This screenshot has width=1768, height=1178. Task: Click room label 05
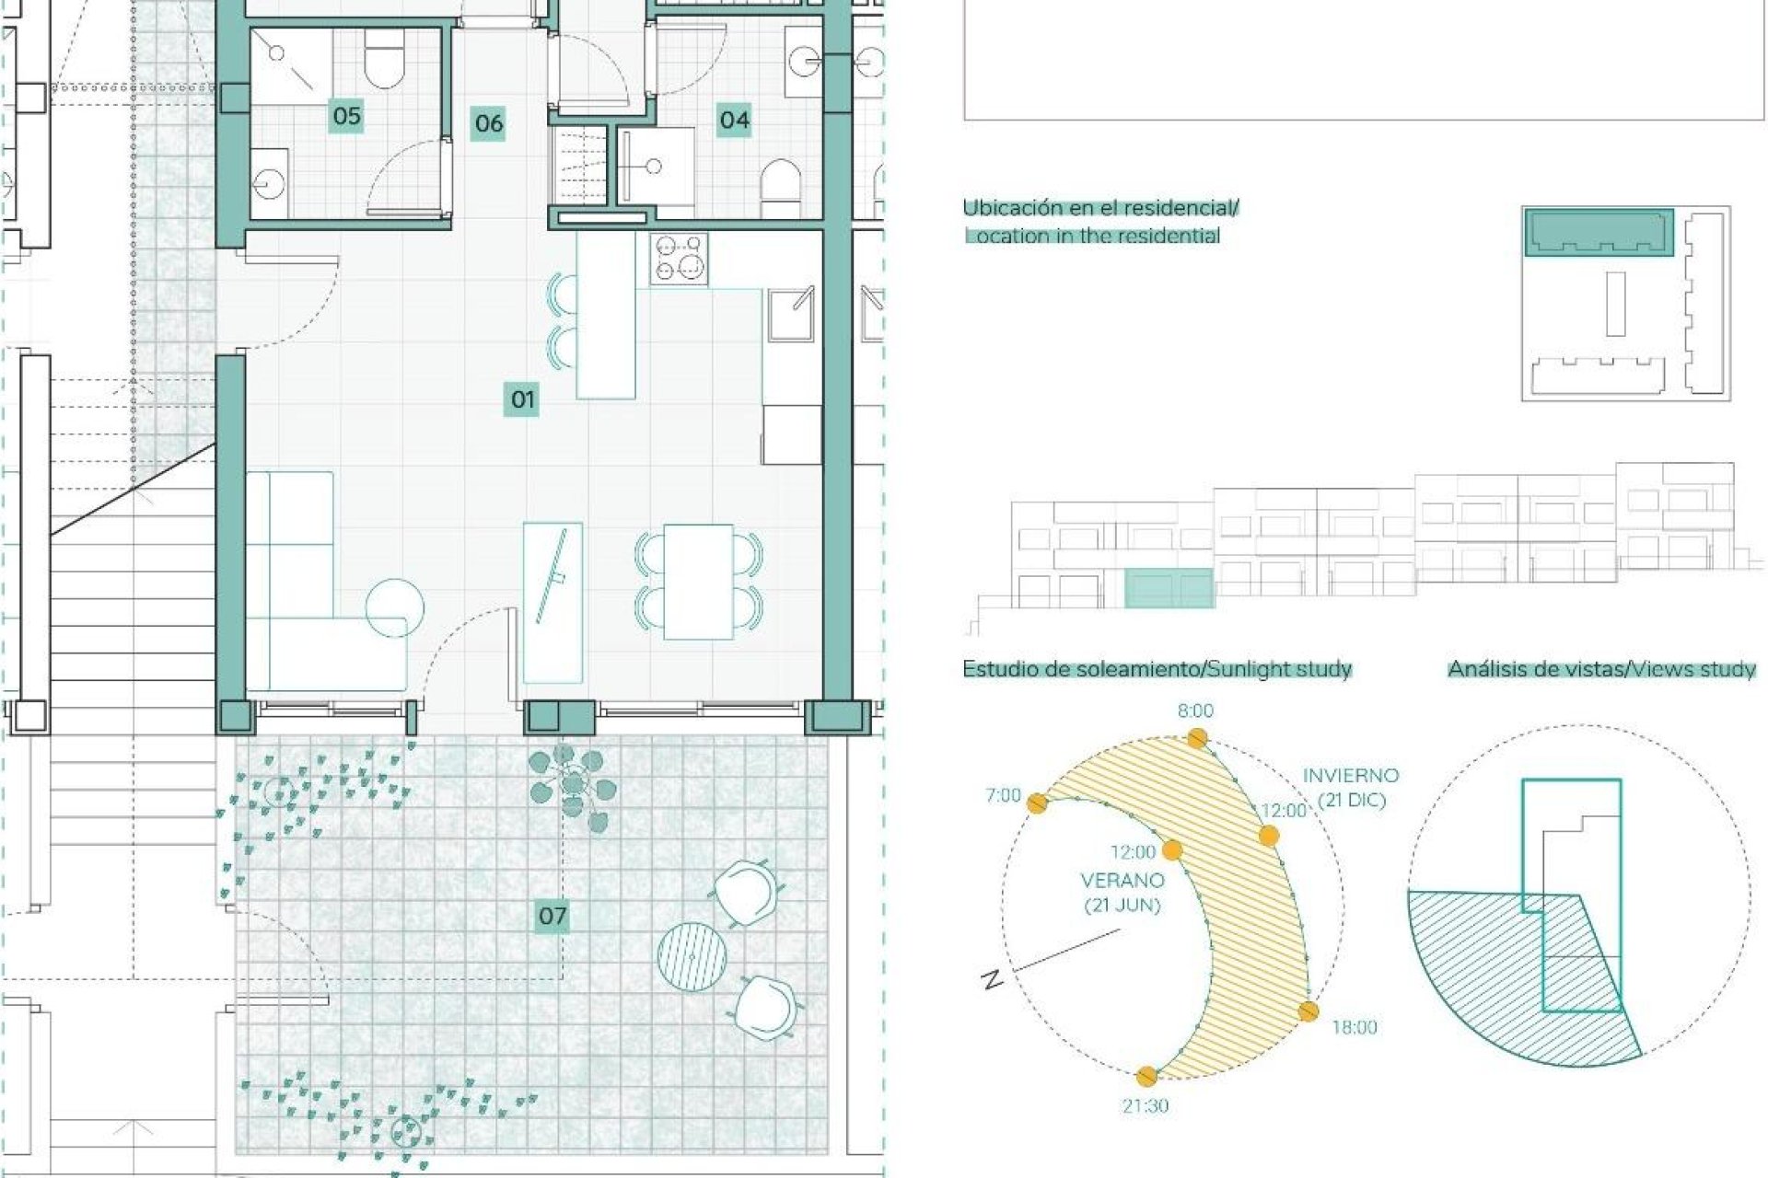(x=346, y=116)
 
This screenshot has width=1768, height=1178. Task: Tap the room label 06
(x=489, y=122)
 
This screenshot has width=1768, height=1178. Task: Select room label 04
(x=734, y=120)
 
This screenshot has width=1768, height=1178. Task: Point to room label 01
(x=522, y=399)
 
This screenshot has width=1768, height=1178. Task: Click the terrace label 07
(x=552, y=916)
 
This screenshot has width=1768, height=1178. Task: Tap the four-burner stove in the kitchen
(x=679, y=259)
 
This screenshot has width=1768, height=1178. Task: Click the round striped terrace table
(x=692, y=955)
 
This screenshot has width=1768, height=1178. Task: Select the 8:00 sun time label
(x=1195, y=710)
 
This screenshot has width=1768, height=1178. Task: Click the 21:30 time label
(x=1145, y=1105)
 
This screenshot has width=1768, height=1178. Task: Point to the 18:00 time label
(x=1354, y=1027)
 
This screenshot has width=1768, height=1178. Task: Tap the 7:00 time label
(x=1003, y=795)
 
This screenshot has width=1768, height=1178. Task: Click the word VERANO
(x=1122, y=881)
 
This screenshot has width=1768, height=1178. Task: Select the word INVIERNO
(x=1351, y=776)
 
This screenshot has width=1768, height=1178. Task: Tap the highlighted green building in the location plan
(x=1598, y=232)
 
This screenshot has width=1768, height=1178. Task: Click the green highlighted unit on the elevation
(x=1169, y=589)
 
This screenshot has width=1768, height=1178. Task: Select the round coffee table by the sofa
(x=395, y=607)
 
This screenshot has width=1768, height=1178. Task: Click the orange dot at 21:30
(x=1146, y=1076)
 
